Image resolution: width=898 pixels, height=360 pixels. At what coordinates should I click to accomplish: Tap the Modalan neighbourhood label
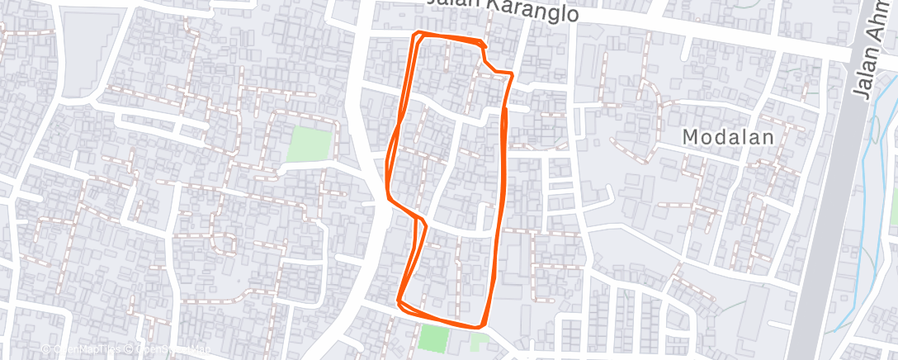729,138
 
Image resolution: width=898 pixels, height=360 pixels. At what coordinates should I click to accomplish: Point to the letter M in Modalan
691,138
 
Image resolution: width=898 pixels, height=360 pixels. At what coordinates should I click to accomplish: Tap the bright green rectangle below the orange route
431,337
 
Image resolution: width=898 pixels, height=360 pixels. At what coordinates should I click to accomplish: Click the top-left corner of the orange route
415,35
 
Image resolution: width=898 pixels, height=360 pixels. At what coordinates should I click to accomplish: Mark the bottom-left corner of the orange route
399,301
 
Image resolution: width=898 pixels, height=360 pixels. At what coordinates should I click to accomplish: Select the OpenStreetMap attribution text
169,350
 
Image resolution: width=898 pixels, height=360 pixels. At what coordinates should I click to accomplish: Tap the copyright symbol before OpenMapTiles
46,350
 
